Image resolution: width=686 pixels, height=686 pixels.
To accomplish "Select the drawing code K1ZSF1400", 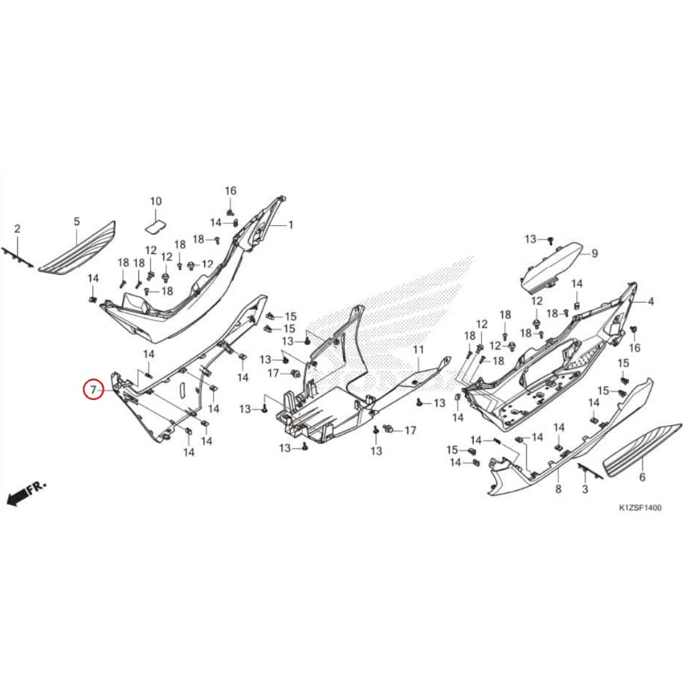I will tap(640, 508).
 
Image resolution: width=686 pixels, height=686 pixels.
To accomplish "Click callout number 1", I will tap(291, 226).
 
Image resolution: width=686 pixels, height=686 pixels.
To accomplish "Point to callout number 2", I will tap(17, 229).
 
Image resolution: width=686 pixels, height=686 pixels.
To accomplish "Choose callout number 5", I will tap(76, 221).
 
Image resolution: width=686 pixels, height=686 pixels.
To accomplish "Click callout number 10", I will tap(155, 201).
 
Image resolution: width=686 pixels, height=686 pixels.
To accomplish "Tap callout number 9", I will tap(594, 253).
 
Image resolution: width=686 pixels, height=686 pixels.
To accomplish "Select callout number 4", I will tap(650, 302).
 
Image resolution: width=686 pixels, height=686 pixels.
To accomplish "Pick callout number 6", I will tap(642, 478).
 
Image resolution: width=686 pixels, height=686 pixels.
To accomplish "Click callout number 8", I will tap(558, 490).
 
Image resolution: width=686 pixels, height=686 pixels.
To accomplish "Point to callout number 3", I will tap(585, 490).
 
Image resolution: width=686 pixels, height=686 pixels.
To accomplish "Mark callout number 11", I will tap(419, 350).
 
